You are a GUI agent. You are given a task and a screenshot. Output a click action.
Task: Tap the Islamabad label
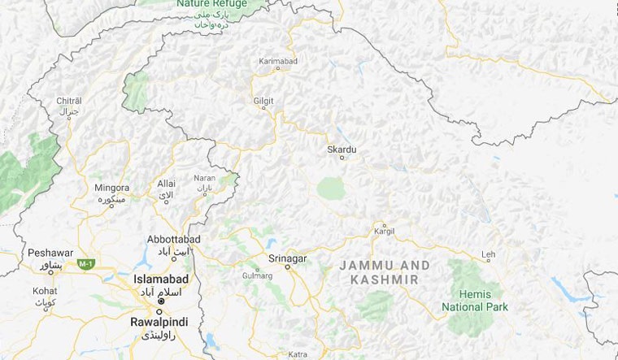161,279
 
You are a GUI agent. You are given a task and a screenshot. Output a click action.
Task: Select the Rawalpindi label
159,323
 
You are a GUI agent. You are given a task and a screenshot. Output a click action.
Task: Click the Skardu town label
342,150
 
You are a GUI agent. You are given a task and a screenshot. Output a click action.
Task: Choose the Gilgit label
264,100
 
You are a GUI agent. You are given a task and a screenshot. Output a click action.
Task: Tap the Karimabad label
279,60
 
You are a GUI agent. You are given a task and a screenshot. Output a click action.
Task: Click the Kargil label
384,232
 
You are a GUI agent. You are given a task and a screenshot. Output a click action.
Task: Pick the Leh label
488,254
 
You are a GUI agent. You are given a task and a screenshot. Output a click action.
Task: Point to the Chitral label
68,100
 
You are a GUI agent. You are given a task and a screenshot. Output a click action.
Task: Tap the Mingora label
111,187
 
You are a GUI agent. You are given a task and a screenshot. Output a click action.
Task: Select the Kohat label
45,290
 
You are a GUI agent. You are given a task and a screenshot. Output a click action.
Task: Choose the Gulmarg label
258,275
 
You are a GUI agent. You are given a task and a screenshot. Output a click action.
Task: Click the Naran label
204,178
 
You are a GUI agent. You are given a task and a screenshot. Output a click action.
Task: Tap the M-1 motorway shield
85,264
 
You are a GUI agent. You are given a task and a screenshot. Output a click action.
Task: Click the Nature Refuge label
211,4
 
